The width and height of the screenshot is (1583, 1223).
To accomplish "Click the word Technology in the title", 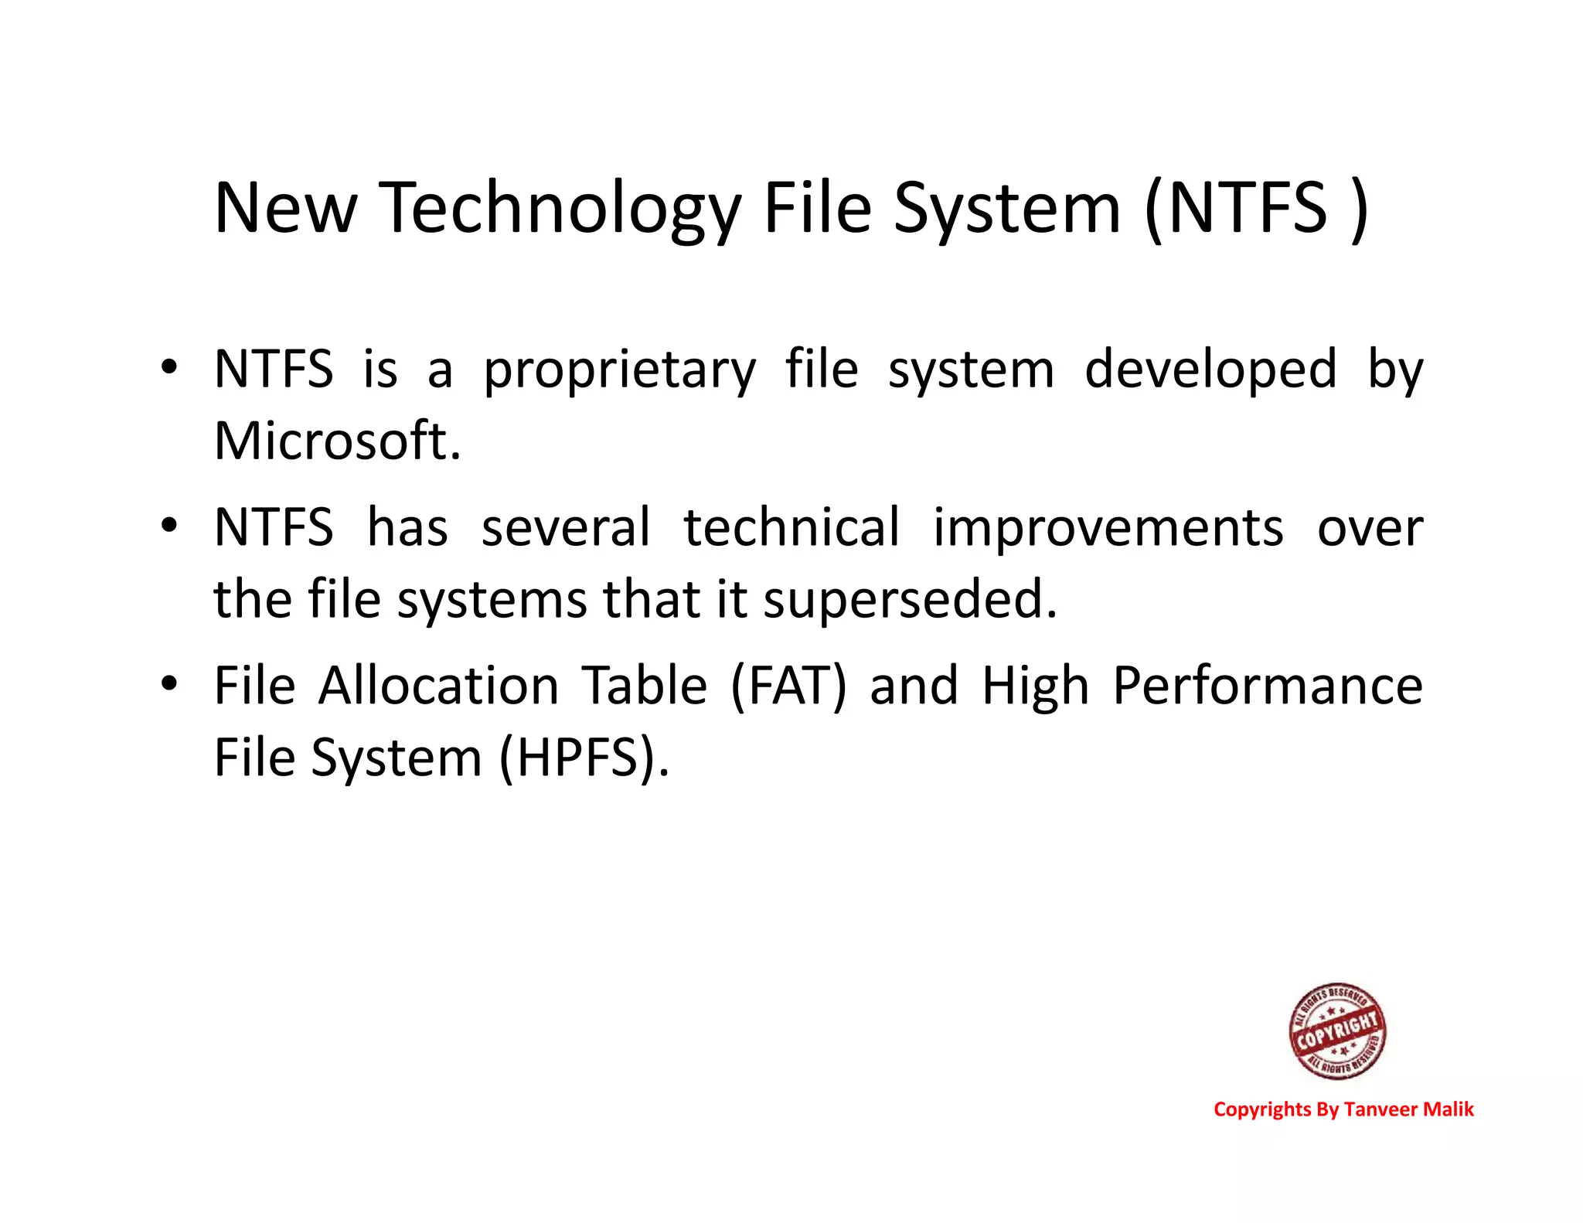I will (560, 209).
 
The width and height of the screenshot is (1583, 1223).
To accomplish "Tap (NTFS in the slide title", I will (1237, 209).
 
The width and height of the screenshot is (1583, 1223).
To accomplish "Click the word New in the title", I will (285, 209).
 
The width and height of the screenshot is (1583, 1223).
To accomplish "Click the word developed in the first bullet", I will (1210, 370).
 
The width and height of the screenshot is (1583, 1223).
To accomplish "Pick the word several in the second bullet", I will (566, 528).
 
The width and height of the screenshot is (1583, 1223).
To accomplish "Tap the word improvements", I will (1108, 528).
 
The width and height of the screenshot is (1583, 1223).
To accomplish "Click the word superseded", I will (910, 600).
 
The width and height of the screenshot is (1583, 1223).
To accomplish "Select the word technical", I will (791, 528).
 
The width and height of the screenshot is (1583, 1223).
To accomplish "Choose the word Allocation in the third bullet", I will (438, 686).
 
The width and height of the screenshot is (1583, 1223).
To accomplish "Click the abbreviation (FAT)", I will (788, 686).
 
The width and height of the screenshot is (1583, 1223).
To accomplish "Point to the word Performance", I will (1267, 686).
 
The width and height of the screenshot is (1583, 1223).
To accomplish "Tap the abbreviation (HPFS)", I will (584, 758).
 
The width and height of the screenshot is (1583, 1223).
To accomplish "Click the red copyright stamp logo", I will (1337, 1031).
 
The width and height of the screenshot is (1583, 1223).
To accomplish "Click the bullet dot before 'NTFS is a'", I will (169, 367).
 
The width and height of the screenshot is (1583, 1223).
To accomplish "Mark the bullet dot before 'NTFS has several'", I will (169, 526).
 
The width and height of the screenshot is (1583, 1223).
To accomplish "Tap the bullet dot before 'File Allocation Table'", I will (169, 684).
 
